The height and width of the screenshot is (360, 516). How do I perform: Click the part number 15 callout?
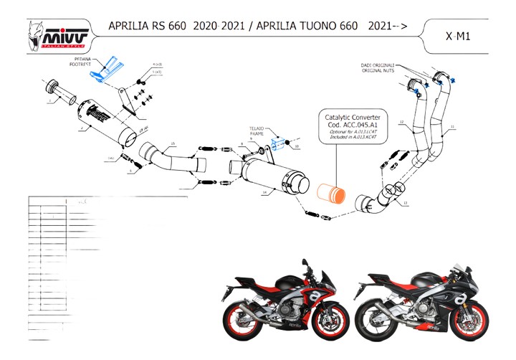173,146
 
